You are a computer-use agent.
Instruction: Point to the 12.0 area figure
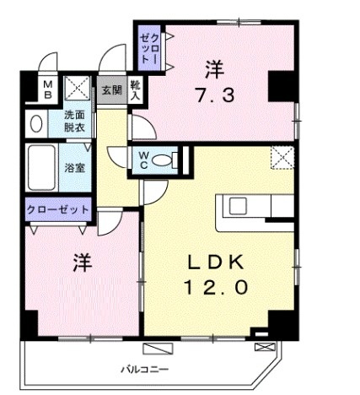point(215,287)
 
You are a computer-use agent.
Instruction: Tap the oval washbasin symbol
point(36,124)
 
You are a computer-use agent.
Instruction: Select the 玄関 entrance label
point(110,89)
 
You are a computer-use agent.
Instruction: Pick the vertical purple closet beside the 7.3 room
point(149,49)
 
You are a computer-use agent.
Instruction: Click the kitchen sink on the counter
point(235,206)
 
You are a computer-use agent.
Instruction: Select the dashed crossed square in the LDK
point(282,157)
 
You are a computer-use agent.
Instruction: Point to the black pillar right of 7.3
point(281,84)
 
